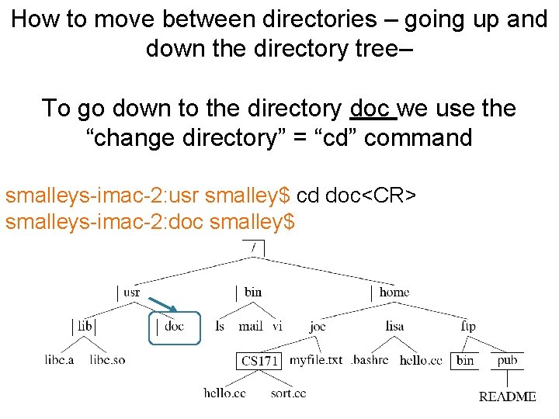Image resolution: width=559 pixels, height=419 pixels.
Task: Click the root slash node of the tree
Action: (x=253, y=248)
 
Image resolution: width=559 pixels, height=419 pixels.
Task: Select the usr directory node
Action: (x=131, y=293)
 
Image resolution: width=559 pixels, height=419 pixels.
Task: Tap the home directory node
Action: (x=394, y=293)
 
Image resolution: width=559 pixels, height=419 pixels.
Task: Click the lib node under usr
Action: (x=85, y=326)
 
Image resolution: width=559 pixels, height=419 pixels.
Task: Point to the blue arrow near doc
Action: (x=162, y=304)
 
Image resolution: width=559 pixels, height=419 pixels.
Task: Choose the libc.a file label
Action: (x=59, y=360)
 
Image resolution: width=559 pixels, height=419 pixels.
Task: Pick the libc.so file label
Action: (x=107, y=360)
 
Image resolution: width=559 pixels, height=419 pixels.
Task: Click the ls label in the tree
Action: (x=220, y=327)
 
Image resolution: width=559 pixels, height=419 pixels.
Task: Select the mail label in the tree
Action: (x=250, y=327)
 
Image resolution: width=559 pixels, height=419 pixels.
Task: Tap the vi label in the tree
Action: (x=277, y=327)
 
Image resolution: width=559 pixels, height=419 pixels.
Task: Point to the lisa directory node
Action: (x=394, y=327)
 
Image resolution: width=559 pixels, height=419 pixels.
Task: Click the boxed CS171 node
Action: (x=259, y=361)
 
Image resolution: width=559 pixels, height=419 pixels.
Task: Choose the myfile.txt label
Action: (x=315, y=360)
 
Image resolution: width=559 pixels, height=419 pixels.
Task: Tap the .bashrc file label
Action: (x=371, y=360)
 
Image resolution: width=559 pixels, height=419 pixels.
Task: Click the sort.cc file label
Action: (x=288, y=393)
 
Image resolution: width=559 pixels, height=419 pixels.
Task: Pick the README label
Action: (x=507, y=396)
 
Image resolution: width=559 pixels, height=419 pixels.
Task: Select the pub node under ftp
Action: (x=507, y=360)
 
